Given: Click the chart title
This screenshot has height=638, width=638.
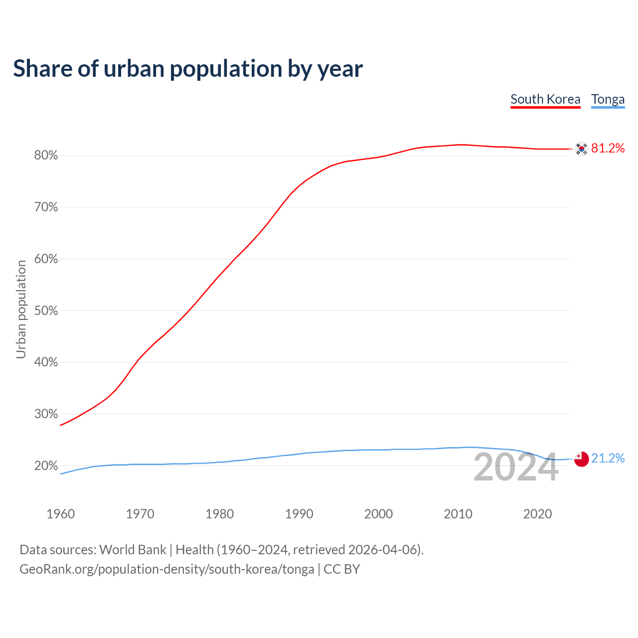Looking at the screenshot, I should (188, 69).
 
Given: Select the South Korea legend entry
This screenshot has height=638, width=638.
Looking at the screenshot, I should (545, 99).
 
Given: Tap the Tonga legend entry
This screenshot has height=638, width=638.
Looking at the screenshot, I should (608, 99).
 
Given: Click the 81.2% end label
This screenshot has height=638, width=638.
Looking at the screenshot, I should (608, 148).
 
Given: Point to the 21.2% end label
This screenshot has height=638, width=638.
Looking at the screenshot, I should (608, 458).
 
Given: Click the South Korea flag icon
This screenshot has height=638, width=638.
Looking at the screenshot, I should (581, 149).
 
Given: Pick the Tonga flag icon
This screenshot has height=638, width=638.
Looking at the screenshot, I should (581, 459).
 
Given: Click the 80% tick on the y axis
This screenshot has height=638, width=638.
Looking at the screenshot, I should (46, 156).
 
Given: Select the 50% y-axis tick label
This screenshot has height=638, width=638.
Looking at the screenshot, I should (46, 311).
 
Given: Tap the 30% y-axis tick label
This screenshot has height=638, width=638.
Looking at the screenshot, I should (46, 414).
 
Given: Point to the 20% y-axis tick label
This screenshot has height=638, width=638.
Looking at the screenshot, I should (46, 466).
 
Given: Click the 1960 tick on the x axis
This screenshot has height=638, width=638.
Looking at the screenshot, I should (61, 514).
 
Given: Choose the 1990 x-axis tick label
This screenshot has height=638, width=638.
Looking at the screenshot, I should (299, 514).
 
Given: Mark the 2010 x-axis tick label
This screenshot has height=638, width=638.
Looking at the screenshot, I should (458, 514).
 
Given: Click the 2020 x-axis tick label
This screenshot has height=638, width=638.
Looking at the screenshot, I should (537, 514).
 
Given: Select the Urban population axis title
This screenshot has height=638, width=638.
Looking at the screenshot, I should (21, 309).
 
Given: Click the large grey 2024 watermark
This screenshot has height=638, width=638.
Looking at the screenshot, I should (516, 468).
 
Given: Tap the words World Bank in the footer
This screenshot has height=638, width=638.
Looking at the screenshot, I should (133, 550).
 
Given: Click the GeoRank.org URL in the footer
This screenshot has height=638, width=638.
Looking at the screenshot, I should (167, 569).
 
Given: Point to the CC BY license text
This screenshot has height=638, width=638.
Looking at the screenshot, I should (342, 569).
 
